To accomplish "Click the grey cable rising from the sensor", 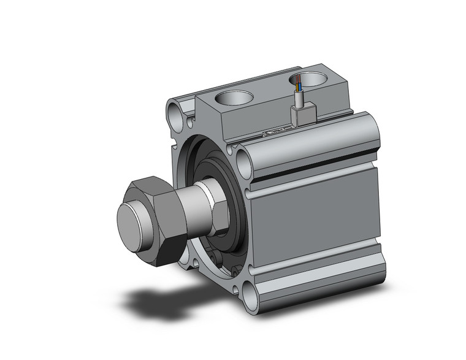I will tap(299, 96).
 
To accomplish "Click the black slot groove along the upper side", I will tap(319, 167).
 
